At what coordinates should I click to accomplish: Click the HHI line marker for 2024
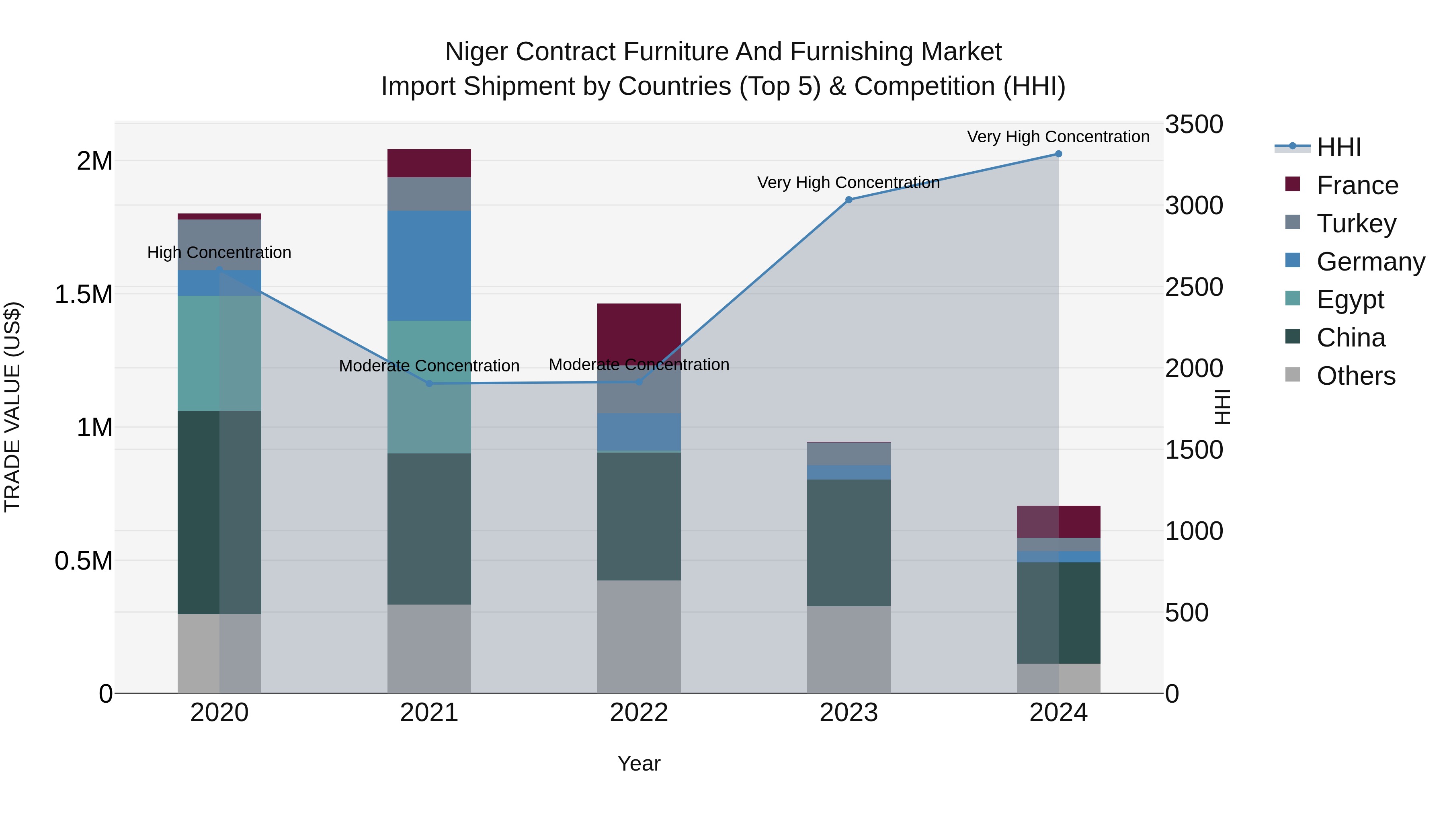(1058, 154)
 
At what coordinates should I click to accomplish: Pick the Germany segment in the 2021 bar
(429, 266)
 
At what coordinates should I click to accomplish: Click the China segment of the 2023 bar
(849, 543)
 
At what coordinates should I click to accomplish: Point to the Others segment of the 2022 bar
(639, 636)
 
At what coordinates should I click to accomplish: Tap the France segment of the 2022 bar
(639, 332)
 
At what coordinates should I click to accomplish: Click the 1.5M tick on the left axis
(84, 294)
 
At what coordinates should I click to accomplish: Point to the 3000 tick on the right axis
(1194, 205)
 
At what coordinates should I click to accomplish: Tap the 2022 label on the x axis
(639, 713)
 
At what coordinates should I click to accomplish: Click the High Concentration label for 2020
(219, 252)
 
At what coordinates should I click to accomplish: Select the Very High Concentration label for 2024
(1058, 137)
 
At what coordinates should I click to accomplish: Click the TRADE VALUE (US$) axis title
(12, 407)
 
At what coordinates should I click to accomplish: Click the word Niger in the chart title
(476, 52)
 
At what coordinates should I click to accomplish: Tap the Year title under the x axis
(639, 763)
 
